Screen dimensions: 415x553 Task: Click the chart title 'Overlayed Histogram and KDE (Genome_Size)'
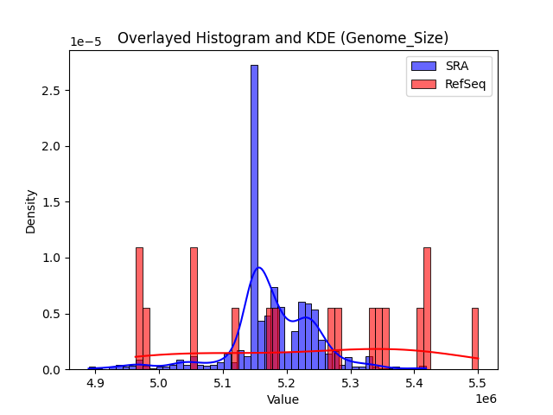tap(283, 38)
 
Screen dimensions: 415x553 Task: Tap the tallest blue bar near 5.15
tap(254, 216)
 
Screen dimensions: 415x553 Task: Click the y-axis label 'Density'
tap(31, 211)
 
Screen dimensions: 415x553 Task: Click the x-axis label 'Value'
tap(283, 399)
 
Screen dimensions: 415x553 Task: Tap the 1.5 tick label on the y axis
tap(53, 202)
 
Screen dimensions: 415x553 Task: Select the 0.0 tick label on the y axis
tap(53, 369)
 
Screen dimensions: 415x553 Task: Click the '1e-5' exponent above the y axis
tap(85, 42)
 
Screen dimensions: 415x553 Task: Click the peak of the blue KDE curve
tap(258, 268)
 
